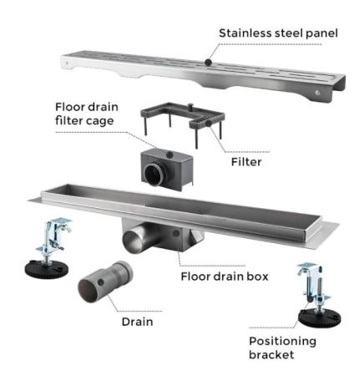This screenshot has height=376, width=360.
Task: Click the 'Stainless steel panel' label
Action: (278, 33)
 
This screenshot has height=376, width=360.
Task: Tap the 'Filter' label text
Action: (246, 162)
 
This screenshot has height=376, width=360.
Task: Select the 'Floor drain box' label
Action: (225, 277)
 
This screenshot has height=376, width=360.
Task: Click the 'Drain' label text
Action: (138, 322)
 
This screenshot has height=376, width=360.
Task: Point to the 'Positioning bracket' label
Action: (282, 348)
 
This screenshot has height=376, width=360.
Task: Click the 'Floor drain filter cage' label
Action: (87, 114)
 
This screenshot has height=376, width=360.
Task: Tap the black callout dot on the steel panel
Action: (208, 62)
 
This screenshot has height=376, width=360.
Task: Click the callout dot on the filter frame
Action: (208, 124)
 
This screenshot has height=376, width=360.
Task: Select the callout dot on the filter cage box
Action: (170, 155)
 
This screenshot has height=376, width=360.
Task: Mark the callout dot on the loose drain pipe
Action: (101, 282)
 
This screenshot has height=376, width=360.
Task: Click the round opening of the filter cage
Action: (154, 174)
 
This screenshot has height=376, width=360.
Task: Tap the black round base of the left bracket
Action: (47, 268)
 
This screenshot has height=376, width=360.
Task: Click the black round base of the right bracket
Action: (319, 317)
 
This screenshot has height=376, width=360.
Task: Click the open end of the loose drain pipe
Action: (88, 292)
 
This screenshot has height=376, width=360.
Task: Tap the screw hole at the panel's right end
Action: (317, 92)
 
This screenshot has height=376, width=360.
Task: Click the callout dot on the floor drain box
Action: (176, 233)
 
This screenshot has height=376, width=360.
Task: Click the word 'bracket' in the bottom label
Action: (271, 355)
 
